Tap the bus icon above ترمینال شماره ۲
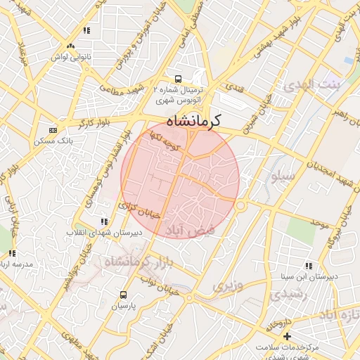178,79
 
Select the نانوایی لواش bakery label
70,56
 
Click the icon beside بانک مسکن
53,130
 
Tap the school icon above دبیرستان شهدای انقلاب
105,221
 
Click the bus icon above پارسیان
124,295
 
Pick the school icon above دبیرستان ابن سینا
308,266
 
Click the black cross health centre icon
286,337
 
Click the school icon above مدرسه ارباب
10,252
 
